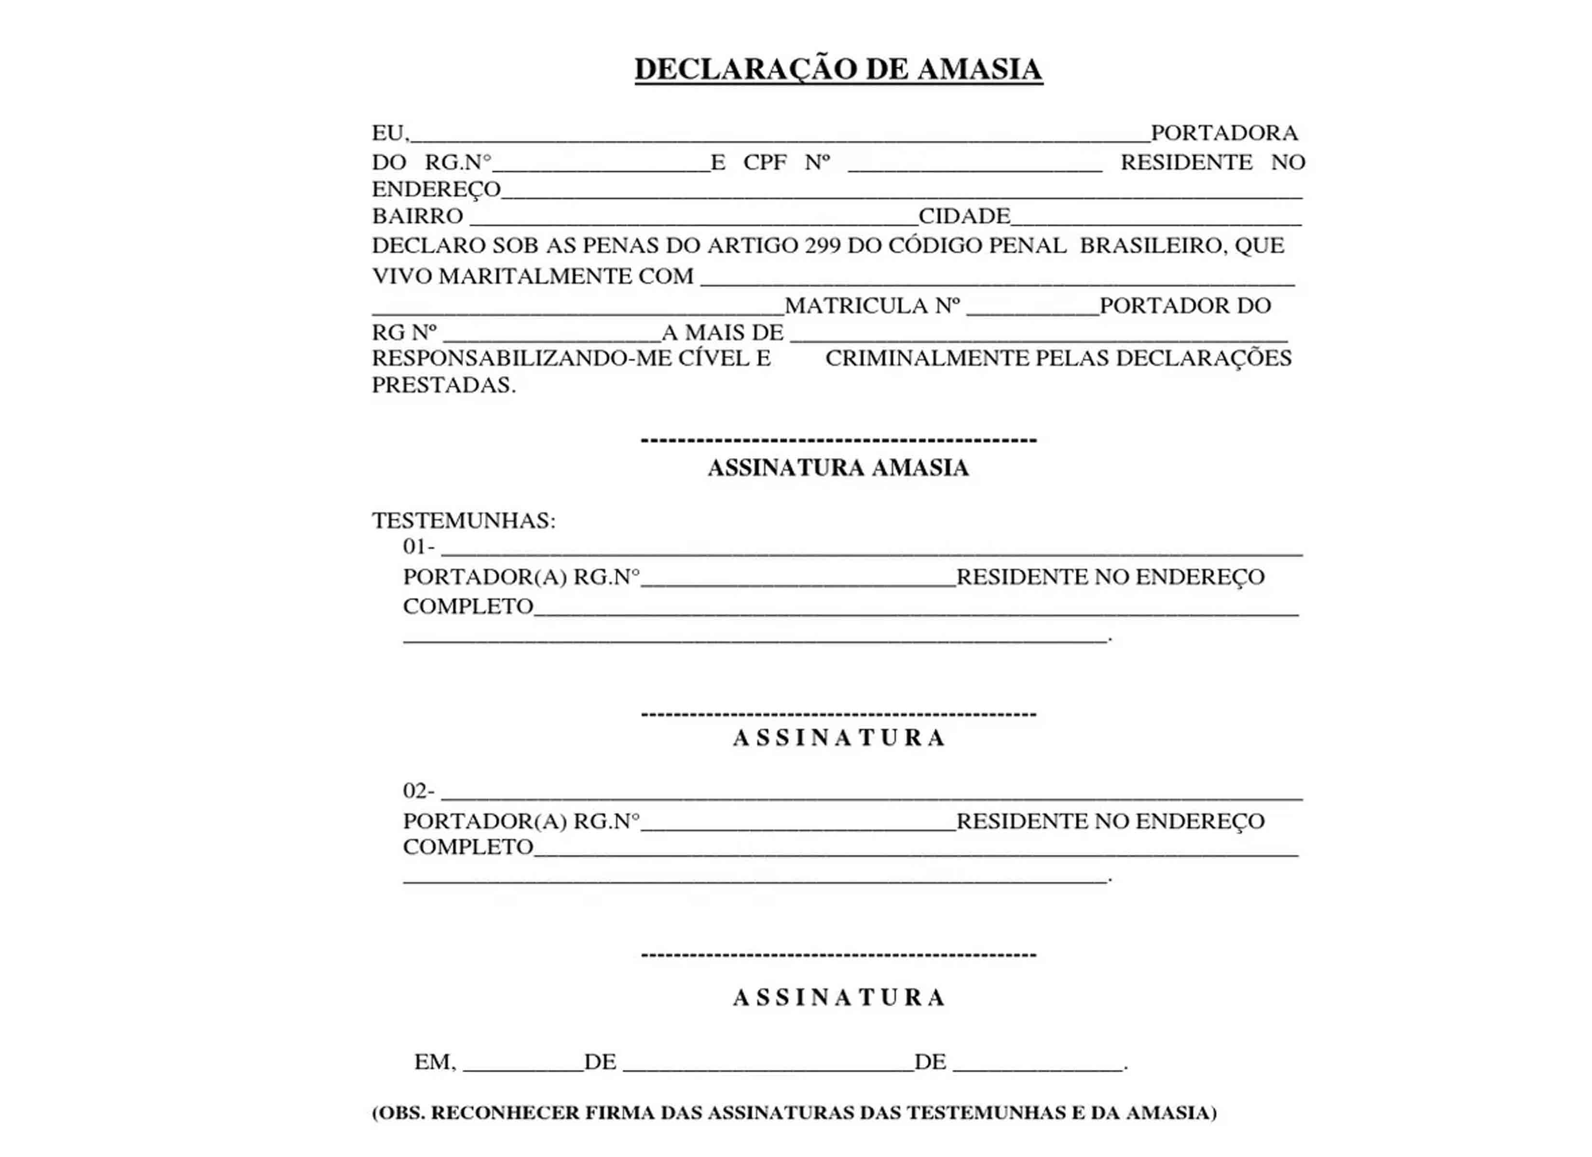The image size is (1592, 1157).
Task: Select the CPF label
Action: (x=765, y=162)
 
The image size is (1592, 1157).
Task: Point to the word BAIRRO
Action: (x=417, y=216)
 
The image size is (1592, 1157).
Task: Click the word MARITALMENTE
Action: (x=534, y=276)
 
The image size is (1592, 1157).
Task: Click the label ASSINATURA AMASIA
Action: (x=838, y=468)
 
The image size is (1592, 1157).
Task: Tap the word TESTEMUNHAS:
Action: (x=463, y=521)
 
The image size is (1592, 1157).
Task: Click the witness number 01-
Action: (x=418, y=547)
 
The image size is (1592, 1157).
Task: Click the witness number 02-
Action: (x=418, y=791)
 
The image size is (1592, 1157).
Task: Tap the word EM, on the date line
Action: (x=435, y=1063)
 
